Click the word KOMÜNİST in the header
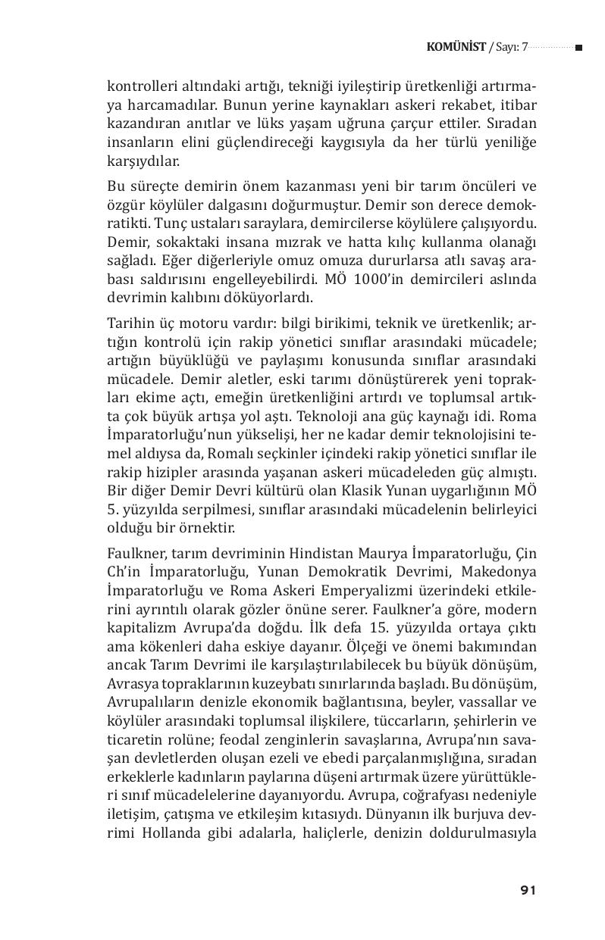tap(456, 47)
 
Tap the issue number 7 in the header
tap(524, 47)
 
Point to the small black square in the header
tap(578, 48)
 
